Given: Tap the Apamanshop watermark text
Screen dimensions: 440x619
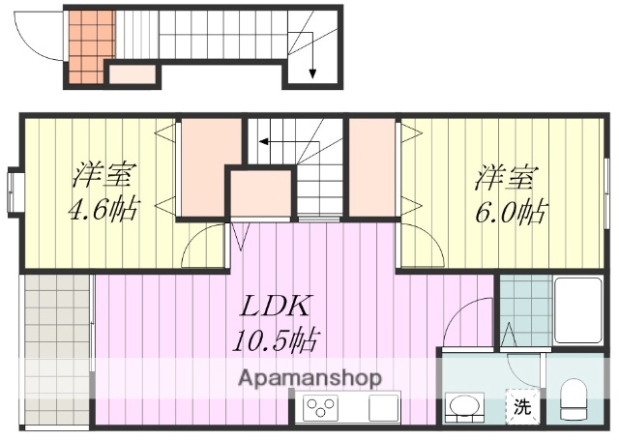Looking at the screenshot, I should [x=309, y=377].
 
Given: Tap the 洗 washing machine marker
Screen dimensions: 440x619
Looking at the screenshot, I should [x=521, y=407].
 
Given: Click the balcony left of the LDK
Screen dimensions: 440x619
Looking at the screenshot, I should [x=56, y=348].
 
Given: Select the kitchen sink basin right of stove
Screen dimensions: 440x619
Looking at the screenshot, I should [x=383, y=407].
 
